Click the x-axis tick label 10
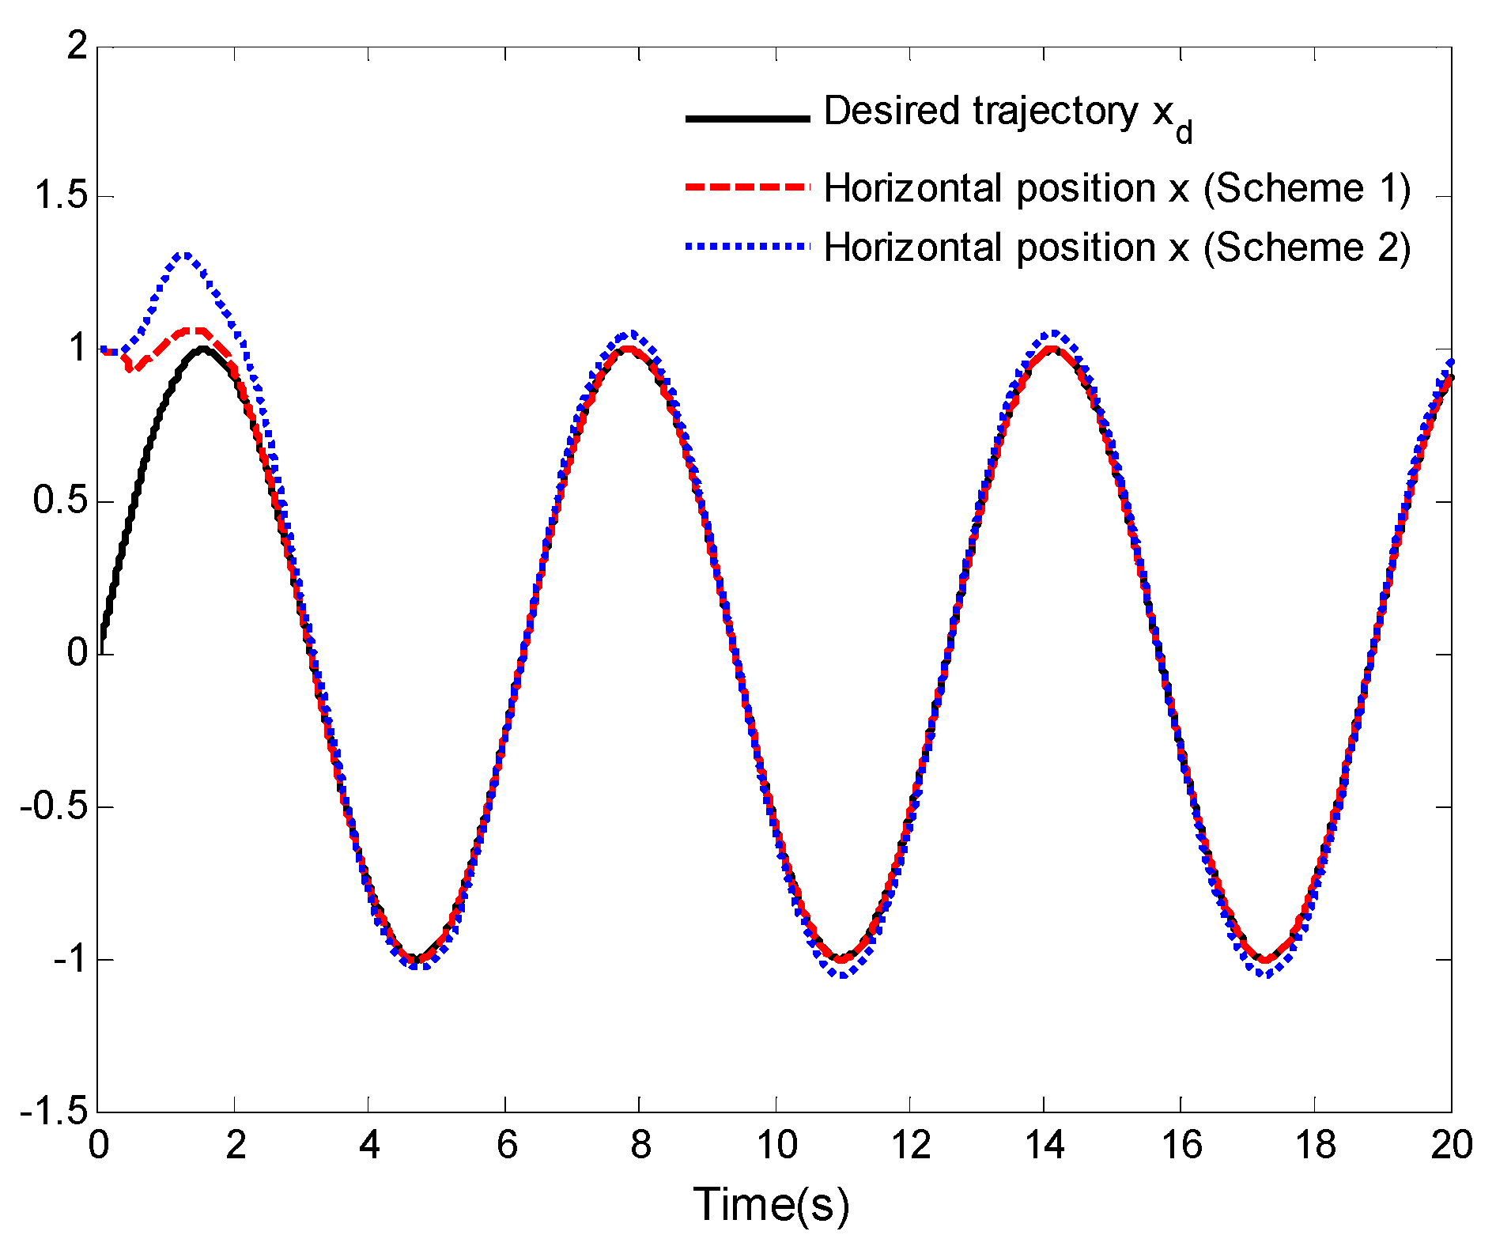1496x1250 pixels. [x=776, y=1145]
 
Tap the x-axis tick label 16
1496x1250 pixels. [x=1181, y=1145]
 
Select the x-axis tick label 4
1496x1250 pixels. [x=369, y=1145]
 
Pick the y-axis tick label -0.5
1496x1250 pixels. [x=54, y=807]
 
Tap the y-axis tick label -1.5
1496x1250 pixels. [x=54, y=1112]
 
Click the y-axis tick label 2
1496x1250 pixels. [x=77, y=47]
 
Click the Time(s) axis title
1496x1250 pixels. [x=771, y=1205]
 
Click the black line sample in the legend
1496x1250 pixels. [x=747, y=119]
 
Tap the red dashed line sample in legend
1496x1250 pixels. [x=747, y=187]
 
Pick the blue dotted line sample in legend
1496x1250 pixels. [x=747, y=247]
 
